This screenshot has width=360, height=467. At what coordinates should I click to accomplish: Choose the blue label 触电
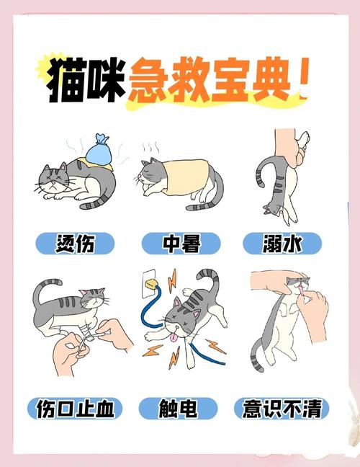click(180, 409)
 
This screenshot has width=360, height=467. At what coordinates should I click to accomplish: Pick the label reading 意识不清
click(283, 409)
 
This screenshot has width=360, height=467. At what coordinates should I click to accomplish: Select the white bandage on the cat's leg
click(86, 334)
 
